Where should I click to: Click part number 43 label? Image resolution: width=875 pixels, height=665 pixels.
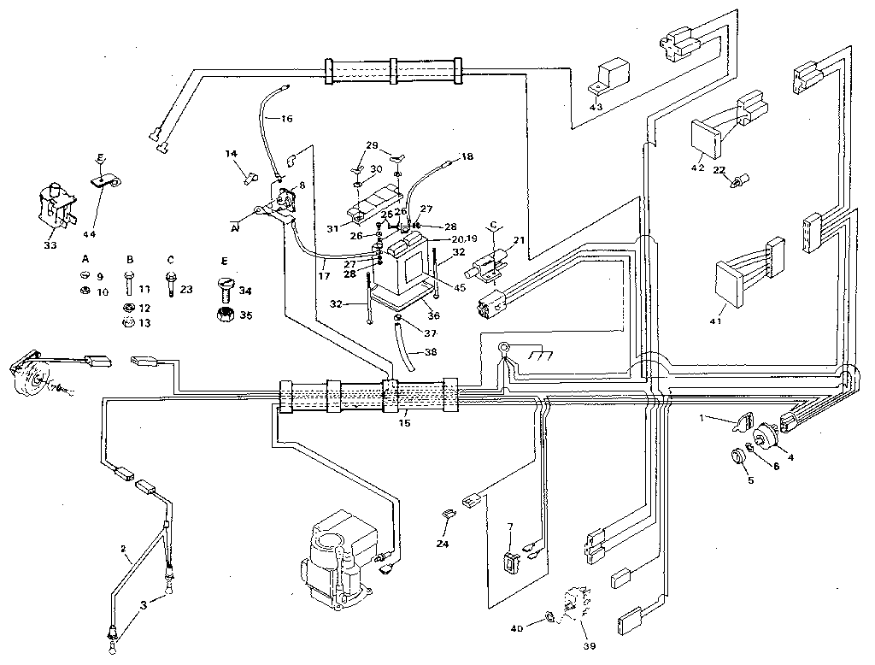click(x=596, y=106)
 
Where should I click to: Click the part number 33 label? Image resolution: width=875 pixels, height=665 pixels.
click(x=50, y=245)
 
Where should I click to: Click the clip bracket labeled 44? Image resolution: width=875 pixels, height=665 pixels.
click(x=105, y=180)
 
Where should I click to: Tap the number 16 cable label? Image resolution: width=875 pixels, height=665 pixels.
click(x=286, y=117)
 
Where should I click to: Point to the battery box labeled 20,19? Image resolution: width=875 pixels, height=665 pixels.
click(x=408, y=262)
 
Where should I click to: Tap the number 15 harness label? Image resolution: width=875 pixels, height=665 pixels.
click(x=406, y=422)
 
